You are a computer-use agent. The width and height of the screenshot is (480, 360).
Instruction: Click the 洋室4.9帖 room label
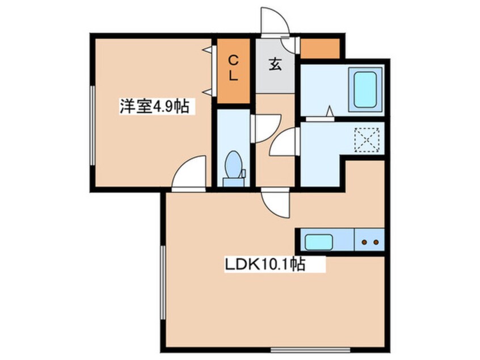coord(154,107)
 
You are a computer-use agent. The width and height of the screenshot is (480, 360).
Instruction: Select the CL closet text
coord(233,68)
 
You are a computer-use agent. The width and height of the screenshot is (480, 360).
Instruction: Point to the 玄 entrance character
coord(275,65)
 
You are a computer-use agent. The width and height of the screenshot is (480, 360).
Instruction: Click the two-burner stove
coord(370,241)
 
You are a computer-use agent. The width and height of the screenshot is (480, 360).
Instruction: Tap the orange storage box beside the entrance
coord(319,48)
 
